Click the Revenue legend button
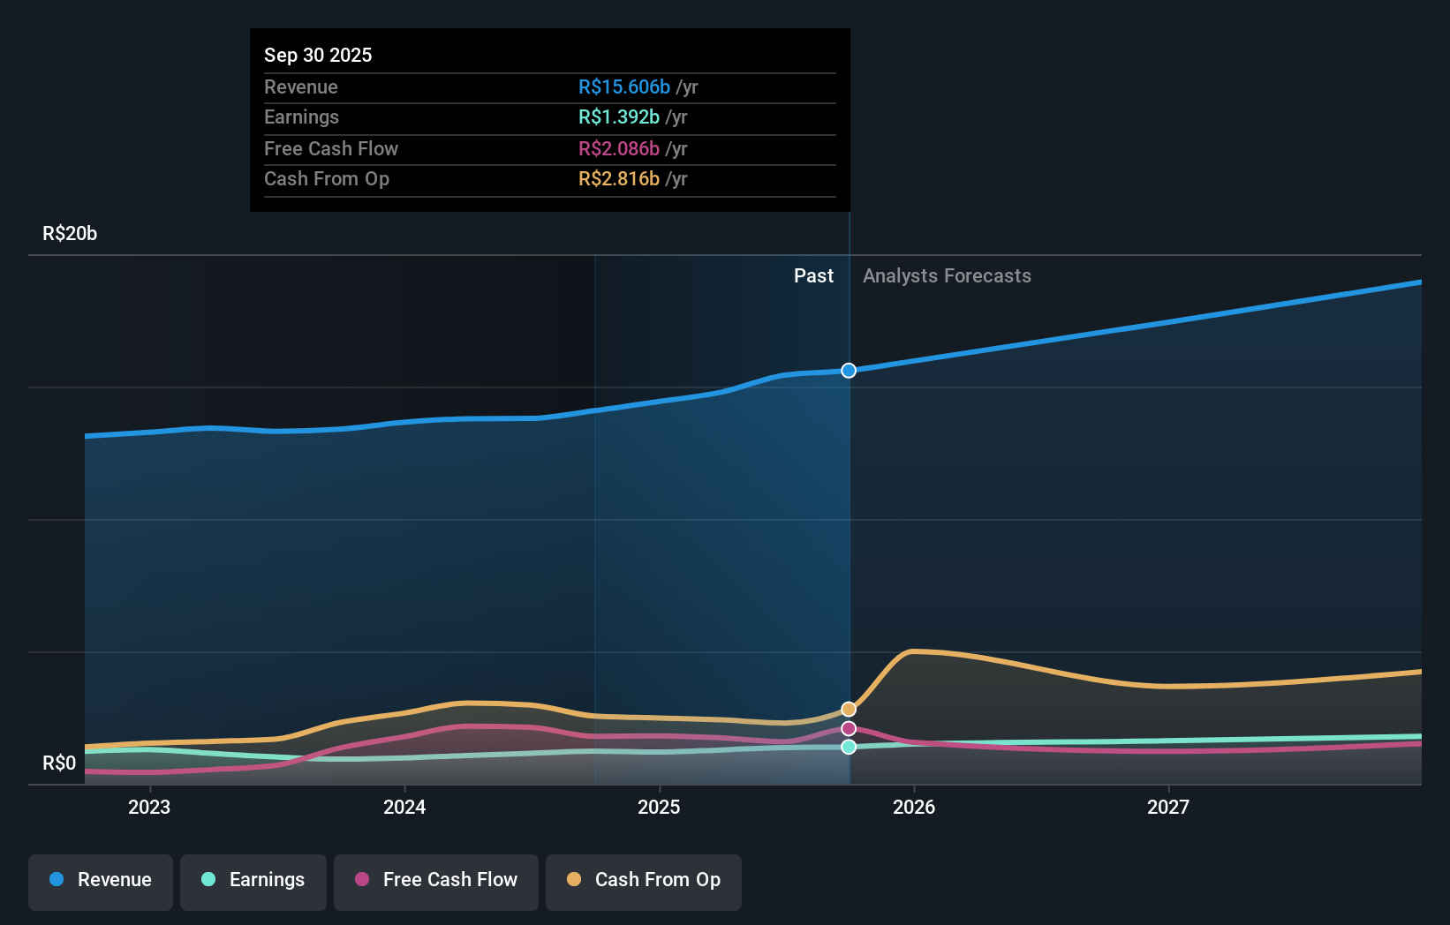pyautogui.click(x=101, y=880)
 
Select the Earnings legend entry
pyautogui.click(x=253, y=880)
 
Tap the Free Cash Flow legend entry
pyautogui.click(x=436, y=880)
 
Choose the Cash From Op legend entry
pyautogui.click(x=644, y=880)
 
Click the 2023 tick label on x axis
pyautogui.click(x=149, y=807)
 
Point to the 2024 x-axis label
pyautogui.click(x=404, y=807)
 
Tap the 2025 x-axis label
pyautogui.click(x=659, y=807)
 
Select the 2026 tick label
pyautogui.click(x=914, y=807)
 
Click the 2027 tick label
pyautogui.click(x=1168, y=807)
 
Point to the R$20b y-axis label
pyautogui.click(x=70, y=234)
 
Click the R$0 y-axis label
pyautogui.click(x=59, y=763)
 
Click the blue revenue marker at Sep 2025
pyautogui.click(x=849, y=371)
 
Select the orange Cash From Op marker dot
pyautogui.click(x=849, y=709)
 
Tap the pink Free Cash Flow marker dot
pyautogui.click(x=849, y=728)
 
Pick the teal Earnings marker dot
pyautogui.click(x=849, y=747)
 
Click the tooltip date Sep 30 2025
pyautogui.click(x=318, y=55)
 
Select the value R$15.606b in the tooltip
pyautogui.click(x=623, y=86)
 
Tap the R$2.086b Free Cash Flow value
pyautogui.click(x=618, y=148)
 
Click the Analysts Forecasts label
pyautogui.click(x=947, y=276)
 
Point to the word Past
pyautogui.click(x=813, y=276)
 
